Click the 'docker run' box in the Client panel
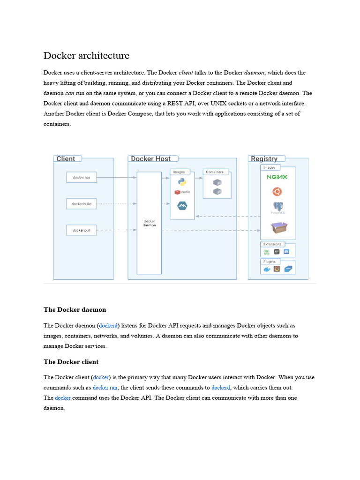tap(82, 178)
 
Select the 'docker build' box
tap(82, 204)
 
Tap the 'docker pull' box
tap(82, 230)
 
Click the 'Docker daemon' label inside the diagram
tap(149, 223)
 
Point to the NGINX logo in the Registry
tap(277, 177)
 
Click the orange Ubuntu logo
tap(277, 191)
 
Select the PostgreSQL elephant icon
tap(278, 207)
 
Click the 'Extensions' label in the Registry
tap(272, 244)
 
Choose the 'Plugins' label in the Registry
tap(270, 262)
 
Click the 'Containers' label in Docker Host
tap(215, 172)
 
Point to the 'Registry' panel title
tap(264, 159)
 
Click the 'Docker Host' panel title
tap(150, 159)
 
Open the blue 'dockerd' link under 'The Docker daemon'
tap(109, 325)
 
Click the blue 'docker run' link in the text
tap(105, 388)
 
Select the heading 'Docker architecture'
tap(86, 55)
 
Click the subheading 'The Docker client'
tap(71, 362)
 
